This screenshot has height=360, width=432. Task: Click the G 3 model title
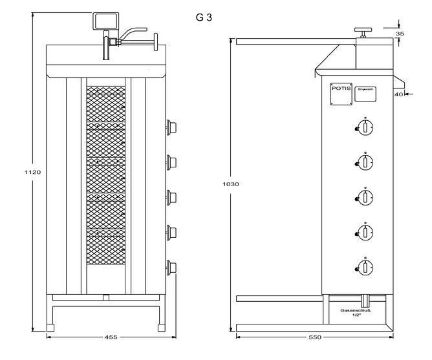[x=204, y=17]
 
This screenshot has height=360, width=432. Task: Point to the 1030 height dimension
[x=232, y=184]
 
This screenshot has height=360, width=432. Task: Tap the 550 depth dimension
[x=314, y=337]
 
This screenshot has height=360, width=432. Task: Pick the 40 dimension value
[x=398, y=94]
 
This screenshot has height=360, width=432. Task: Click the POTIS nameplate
[x=341, y=94]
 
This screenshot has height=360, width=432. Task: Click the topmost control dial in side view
[x=365, y=127]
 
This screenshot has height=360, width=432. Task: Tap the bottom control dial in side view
[x=365, y=266]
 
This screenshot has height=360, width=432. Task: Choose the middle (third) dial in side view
[x=365, y=197]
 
